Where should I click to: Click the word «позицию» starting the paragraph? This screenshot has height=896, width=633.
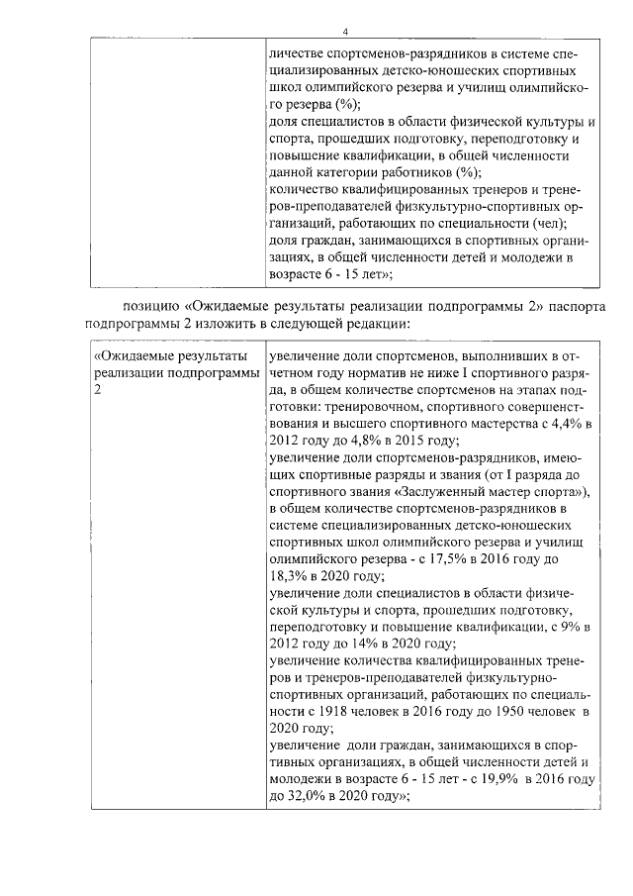pos(151,305)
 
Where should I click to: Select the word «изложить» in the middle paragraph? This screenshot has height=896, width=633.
pos(250,322)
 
